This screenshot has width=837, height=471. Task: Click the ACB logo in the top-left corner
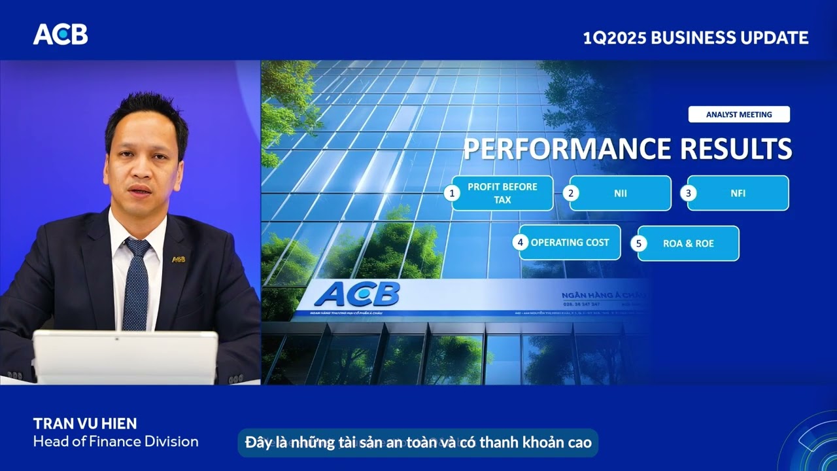pos(60,35)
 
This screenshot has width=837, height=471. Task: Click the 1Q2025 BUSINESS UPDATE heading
pos(695,38)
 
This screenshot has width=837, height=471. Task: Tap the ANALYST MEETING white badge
pos(739,114)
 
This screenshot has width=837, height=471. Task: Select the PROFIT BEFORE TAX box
pos(502,193)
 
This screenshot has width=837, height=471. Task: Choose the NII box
pos(620,193)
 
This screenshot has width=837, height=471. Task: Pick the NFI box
pos(738,193)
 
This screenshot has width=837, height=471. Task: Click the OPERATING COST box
pos(570,243)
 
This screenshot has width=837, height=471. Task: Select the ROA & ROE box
pos(688,243)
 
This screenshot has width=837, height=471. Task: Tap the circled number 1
pos(451,193)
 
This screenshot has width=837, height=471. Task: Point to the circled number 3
pos(687,193)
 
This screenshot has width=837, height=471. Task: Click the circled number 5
pos(638,243)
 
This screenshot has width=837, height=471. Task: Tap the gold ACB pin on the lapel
pos(179,259)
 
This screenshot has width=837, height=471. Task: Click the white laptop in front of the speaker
pos(125,357)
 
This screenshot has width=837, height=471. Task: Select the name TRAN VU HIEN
pos(85,423)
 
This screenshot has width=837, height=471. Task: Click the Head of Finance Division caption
pos(116,442)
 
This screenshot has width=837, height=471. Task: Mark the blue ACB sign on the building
pos(357,294)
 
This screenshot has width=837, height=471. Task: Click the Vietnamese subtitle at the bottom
pos(418,443)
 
